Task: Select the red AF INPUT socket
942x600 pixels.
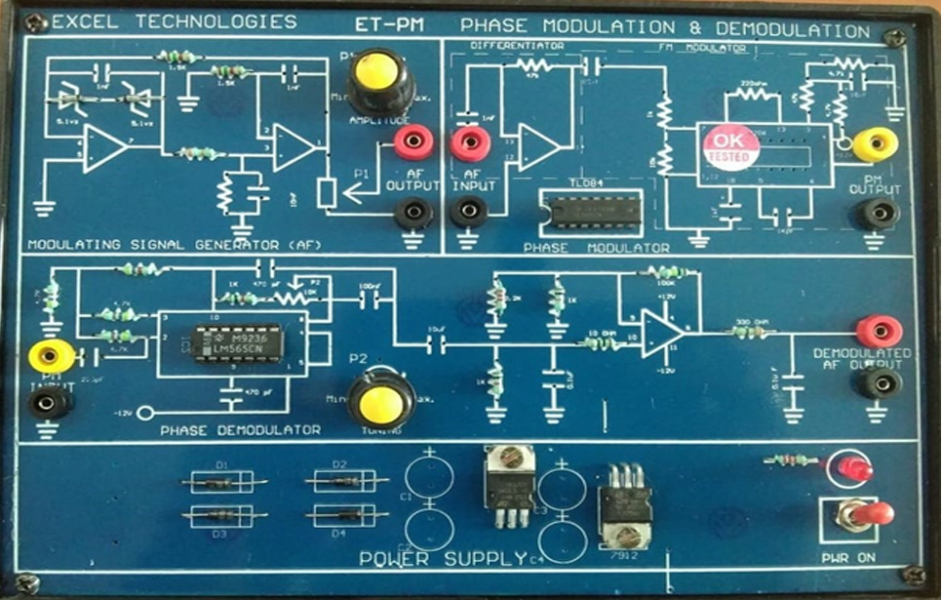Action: (469, 144)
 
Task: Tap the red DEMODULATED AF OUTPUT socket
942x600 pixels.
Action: (872, 332)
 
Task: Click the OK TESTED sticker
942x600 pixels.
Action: (729, 143)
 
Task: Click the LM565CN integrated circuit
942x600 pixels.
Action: (239, 341)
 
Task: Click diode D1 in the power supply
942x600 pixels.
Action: (220, 481)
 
